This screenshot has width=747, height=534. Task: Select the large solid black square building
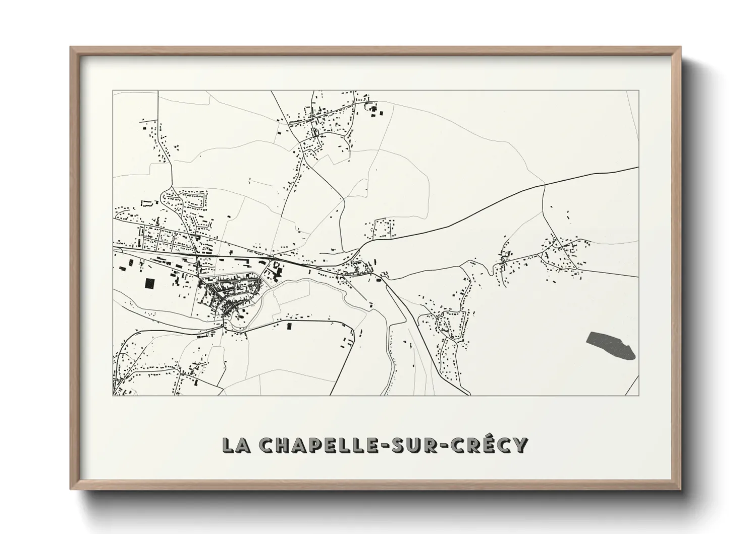150,283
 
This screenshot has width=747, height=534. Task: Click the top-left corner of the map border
113,91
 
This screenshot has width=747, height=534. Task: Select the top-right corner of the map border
639,91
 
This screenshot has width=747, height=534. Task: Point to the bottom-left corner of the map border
113,395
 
